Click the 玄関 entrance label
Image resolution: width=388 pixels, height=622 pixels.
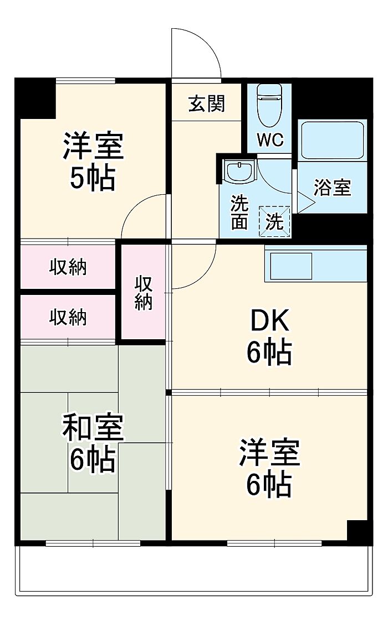click(x=207, y=103)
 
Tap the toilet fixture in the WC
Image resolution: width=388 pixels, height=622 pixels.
click(x=269, y=105)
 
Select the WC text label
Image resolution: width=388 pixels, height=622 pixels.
click(x=270, y=139)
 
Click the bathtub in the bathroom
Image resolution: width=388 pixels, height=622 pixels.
click(x=333, y=140)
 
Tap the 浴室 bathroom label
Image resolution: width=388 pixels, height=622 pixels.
click(x=333, y=188)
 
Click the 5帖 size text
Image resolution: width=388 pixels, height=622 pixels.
click(x=93, y=178)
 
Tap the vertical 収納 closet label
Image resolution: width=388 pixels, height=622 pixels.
click(x=144, y=293)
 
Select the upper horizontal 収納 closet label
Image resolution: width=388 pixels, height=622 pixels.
click(x=68, y=267)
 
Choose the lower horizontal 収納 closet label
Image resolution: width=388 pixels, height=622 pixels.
click(x=68, y=317)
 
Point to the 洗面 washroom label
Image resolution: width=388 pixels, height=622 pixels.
click(x=240, y=212)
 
